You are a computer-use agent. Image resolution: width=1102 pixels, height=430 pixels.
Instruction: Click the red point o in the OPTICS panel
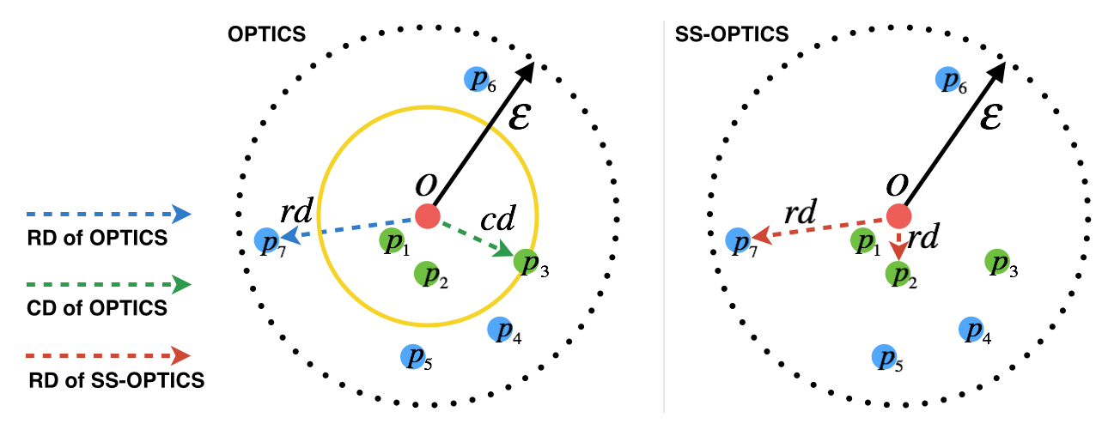tap(427, 215)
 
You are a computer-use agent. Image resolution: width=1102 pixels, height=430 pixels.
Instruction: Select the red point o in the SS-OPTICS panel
tap(898, 215)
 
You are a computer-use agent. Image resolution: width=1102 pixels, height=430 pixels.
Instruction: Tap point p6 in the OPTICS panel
tap(476, 79)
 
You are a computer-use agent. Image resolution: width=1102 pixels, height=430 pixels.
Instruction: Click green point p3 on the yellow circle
tap(526, 261)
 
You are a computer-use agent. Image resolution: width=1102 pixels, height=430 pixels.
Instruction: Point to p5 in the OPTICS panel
tap(413, 356)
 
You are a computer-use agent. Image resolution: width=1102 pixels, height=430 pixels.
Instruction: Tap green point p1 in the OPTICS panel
tap(392, 241)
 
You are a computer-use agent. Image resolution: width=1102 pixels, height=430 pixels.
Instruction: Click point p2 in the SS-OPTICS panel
tap(898, 274)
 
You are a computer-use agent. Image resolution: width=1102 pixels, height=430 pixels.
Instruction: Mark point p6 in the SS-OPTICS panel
tap(947, 79)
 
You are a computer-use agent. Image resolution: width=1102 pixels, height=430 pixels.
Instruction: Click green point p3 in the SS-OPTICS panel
tap(996, 261)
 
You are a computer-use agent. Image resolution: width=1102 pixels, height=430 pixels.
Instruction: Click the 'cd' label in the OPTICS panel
tap(497, 221)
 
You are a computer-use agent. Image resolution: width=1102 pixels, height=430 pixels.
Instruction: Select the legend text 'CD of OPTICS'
tap(97, 308)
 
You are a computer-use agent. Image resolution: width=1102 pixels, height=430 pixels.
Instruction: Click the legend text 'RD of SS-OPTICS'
tap(116, 380)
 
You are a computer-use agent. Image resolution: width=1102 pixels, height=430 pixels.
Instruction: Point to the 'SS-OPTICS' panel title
tap(745, 35)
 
